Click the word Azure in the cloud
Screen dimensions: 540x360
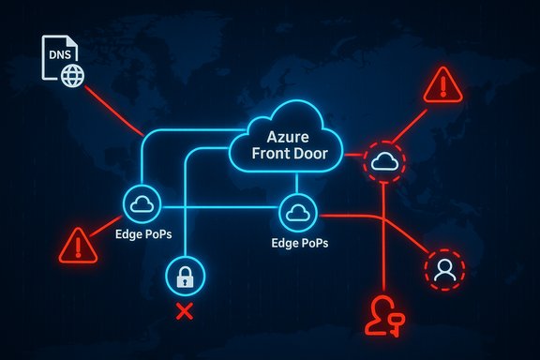point(289,135)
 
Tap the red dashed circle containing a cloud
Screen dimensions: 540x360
point(385,160)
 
